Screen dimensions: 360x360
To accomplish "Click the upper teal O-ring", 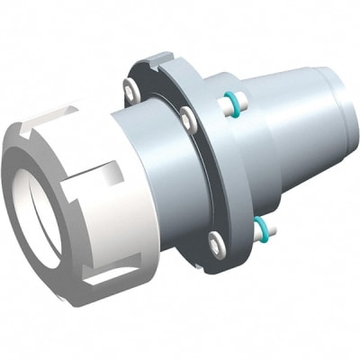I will [x=235, y=105].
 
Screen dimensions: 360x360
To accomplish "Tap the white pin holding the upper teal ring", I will [x=224, y=107].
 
